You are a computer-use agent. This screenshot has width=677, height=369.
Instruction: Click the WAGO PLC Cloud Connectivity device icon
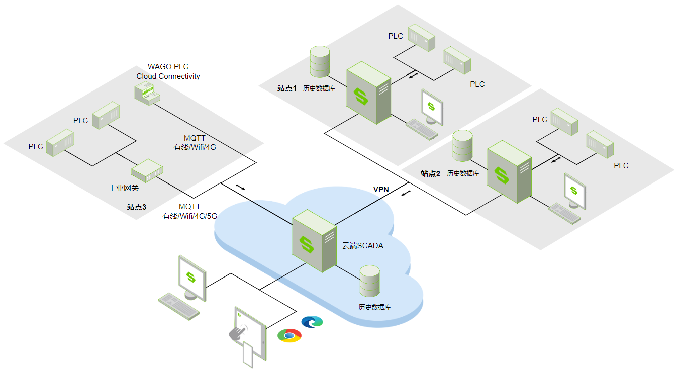coord(147,94)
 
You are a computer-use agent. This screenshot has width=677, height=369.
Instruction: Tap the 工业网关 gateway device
coord(147,171)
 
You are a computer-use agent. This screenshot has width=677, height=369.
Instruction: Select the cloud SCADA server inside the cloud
coord(314,240)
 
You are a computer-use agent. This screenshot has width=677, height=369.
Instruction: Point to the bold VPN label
coord(381,189)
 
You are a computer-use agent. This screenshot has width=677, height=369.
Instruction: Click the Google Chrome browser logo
coord(289,335)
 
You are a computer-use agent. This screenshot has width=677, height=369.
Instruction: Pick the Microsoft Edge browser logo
coord(312,322)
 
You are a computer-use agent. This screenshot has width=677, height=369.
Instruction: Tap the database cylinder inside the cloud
coord(370,281)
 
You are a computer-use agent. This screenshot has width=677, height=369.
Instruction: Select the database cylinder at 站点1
coord(320,62)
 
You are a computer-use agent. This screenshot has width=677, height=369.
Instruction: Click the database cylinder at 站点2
coord(462,146)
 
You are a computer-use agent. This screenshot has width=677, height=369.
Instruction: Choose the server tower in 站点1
coord(368,93)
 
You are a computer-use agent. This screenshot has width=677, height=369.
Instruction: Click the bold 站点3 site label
coord(136,207)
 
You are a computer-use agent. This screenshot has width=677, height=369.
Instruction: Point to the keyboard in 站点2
coord(564,213)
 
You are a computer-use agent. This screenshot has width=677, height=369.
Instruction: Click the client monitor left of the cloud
coord(192,277)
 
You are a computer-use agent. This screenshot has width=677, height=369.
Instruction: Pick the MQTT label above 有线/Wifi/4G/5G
coord(189,207)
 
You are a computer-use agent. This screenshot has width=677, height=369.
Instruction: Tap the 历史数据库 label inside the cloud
coord(375,307)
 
